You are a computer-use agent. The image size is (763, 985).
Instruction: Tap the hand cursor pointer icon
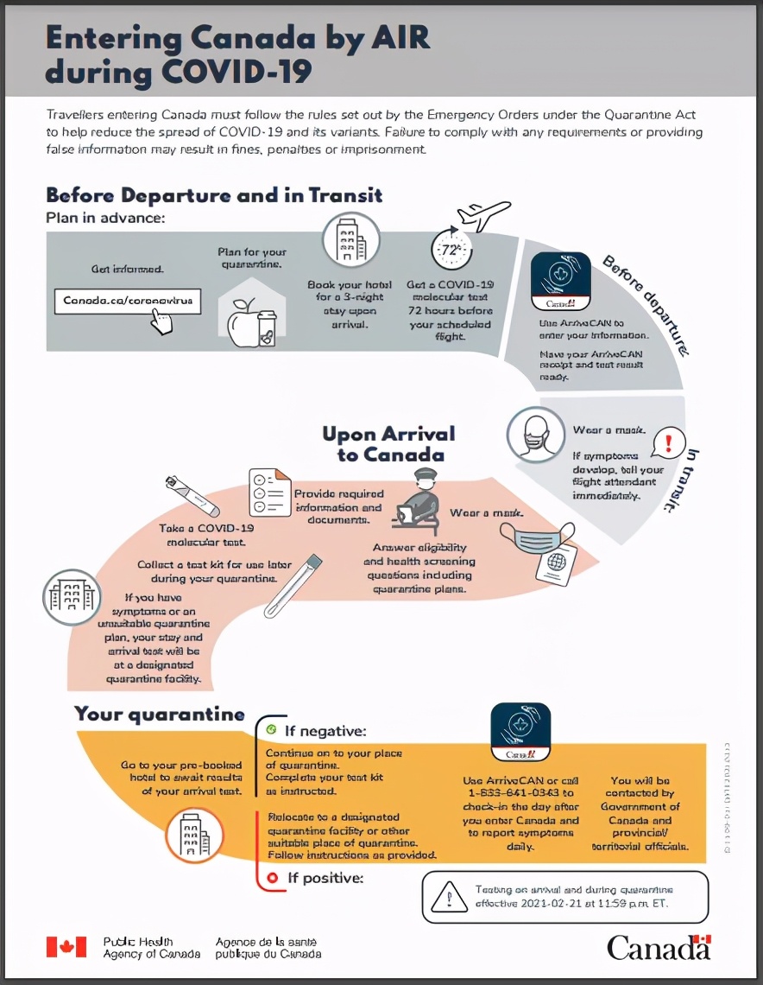click(x=161, y=322)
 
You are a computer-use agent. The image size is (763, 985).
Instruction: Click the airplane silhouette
click(x=483, y=213)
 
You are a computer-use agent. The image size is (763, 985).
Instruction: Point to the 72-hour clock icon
click(x=451, y=251)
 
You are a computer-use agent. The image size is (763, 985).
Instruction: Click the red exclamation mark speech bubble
click(x=669, y=443)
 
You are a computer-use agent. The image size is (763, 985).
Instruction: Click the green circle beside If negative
click(x=271, y=729)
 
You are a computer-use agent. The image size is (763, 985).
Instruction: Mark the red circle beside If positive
click(x=271, y=879)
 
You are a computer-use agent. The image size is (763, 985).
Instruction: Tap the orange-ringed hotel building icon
click(x=193, y=835)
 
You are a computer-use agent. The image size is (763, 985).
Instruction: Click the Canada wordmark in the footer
click(x=659, y=947)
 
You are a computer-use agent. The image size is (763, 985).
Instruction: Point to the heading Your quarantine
click(x=159, y=715)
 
